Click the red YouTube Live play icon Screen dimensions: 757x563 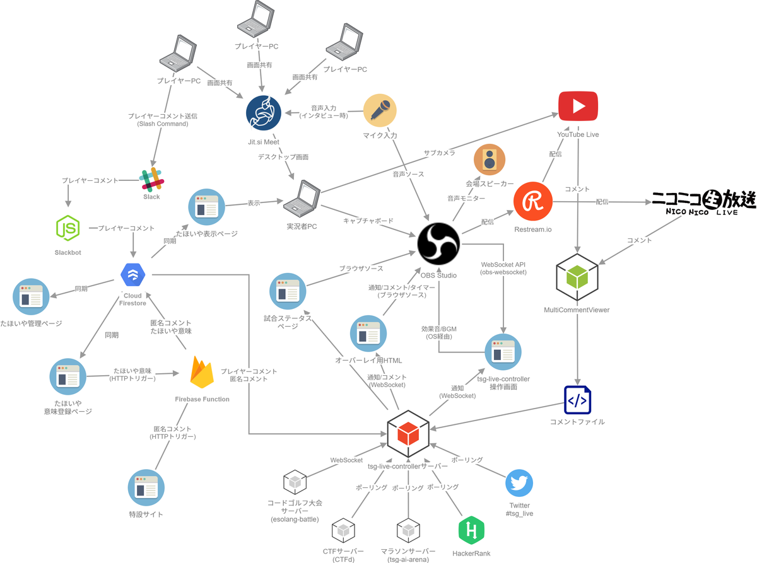578,106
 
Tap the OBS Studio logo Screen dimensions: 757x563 438,243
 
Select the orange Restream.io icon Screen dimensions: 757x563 533,201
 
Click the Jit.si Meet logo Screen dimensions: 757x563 264,113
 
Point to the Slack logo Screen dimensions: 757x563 151,179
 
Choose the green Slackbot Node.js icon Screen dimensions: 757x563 68,228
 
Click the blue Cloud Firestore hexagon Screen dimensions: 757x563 132,275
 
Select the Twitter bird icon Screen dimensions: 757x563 519,483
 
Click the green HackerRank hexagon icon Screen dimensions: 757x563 471,530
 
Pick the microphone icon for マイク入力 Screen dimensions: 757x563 380,110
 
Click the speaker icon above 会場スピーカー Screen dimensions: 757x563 490,160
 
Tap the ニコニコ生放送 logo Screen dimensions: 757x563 704,202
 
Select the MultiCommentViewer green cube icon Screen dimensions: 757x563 577,277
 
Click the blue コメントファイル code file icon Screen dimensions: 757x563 577,400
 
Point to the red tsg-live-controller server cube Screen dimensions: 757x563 408,434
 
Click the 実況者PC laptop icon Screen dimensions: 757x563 302,199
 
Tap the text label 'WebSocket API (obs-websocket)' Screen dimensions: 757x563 503,268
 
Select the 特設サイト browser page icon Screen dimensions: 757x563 146,487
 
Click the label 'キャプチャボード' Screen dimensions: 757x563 368,221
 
